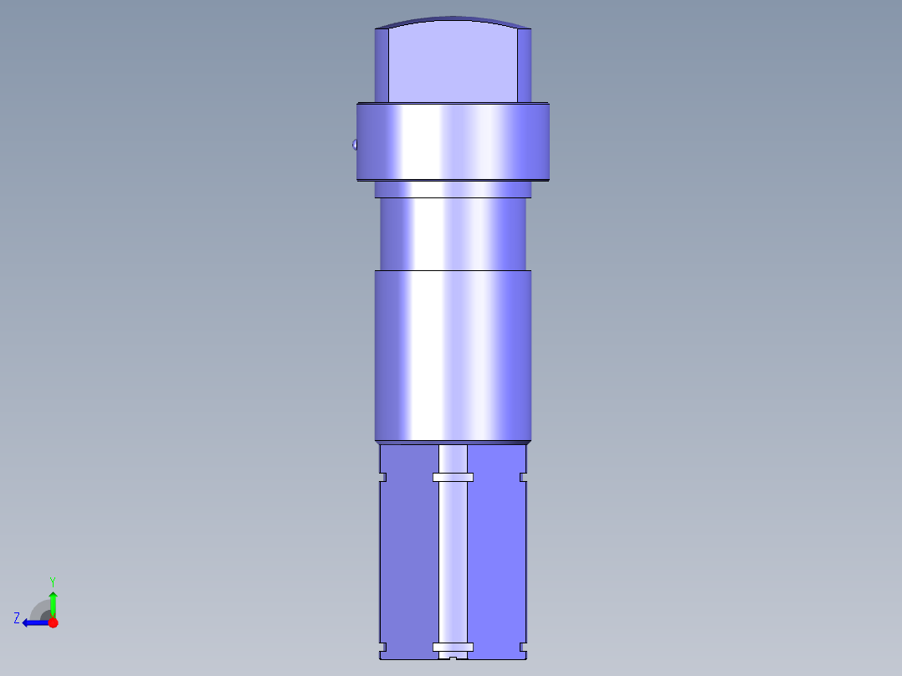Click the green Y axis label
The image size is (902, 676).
coord(52,581)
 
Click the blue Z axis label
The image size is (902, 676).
coord(17,618)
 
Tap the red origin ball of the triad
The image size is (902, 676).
coord(53,622)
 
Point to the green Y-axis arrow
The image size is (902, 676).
coord(53,602)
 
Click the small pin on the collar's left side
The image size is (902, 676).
coord(355,145)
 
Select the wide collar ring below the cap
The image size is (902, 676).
coord(453,141)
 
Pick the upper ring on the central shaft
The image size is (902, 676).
coord(453,478)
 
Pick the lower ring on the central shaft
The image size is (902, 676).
coord(453,647)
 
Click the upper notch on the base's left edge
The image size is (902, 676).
coord(382,478)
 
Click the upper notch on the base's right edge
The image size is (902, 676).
coord(523,478)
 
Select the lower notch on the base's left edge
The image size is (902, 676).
coord(382,647)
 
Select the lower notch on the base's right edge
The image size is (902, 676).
coord(523,647)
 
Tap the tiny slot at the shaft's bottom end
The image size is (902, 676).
coord(453,658)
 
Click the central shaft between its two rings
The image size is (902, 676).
coord(453,561)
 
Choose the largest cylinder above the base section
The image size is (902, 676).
coord(453,356)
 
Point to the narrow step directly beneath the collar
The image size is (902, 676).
coord(453,190)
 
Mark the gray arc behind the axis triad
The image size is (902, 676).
coord(39,609)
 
